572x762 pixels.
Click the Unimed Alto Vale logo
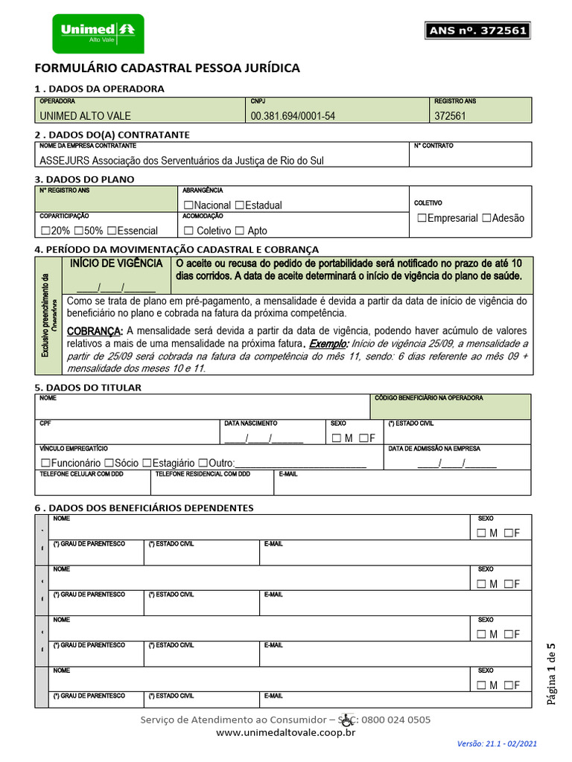(x=102, y=33)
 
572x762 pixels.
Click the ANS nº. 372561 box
(x=477, y=31)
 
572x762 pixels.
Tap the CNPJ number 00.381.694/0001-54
(x=293, y=116)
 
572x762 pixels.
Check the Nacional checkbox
(x=188, y=205)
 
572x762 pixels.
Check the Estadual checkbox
(x=239, y=205)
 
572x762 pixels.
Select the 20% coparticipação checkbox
(x=45, y=231)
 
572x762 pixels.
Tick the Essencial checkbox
(x=111, y=231)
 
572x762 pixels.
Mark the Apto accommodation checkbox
(x=239, y=231)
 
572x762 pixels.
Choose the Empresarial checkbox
(x=422, y=218)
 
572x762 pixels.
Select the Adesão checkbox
(x=486, y=218)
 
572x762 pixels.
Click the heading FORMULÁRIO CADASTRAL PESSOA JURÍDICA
(x=168, y=68)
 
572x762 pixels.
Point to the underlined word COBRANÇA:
(x=94, y=331)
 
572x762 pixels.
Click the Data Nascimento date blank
(x=264, y=438)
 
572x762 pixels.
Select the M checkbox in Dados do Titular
(x=337, y=438)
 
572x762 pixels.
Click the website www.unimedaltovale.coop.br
(x=285, y=733)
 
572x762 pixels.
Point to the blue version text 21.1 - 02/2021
(x=497, y=743)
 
